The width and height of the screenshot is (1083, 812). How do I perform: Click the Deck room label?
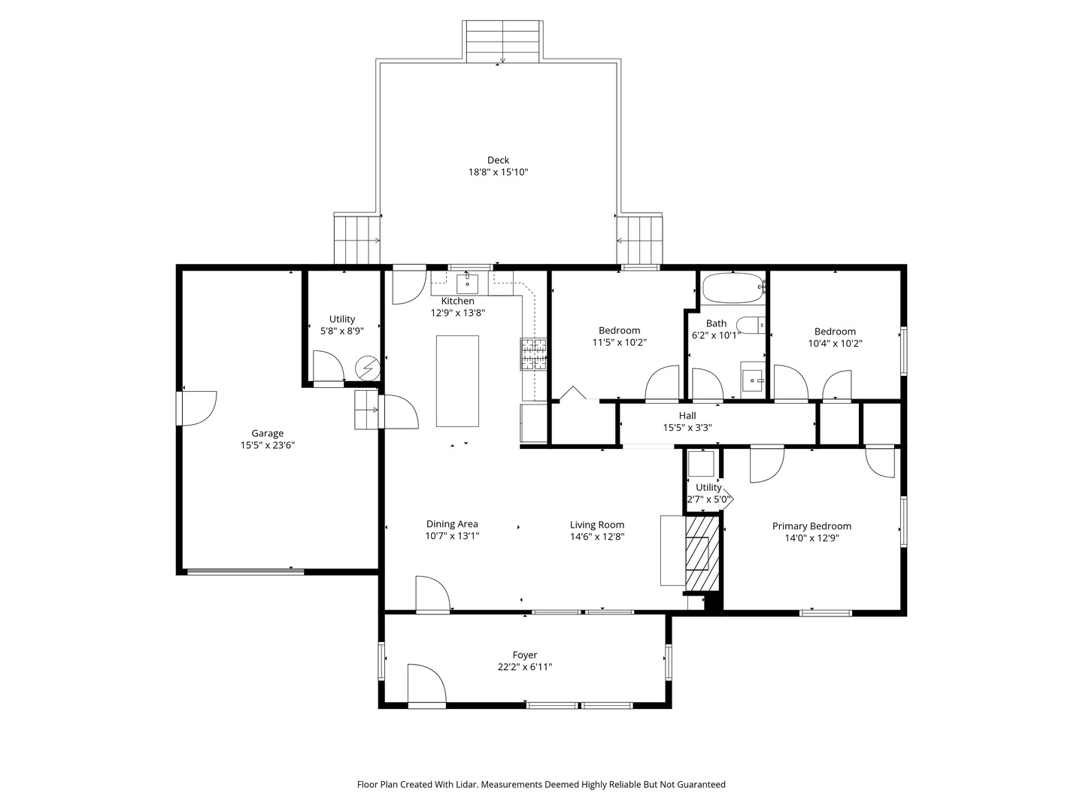498,160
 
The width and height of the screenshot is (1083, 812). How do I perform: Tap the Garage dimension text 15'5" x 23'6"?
268,445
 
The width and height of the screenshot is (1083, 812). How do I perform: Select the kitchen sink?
467,284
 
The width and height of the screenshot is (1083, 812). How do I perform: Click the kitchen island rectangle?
457,381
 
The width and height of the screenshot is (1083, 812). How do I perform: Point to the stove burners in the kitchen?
533,354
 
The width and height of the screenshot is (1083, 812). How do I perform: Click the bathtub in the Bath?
733,288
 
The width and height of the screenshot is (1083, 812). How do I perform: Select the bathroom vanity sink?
753,380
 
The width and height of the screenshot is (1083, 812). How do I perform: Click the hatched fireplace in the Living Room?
701,553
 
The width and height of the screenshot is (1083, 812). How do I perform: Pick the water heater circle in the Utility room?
368,368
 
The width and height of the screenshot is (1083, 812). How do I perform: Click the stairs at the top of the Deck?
503,41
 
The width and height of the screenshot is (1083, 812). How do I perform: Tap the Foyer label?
524,655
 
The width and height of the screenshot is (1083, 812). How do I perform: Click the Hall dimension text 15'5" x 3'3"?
687,428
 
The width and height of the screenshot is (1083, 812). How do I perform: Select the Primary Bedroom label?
811,526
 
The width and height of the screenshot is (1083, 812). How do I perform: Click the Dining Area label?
452,524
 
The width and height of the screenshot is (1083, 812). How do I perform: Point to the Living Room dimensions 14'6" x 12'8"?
597,537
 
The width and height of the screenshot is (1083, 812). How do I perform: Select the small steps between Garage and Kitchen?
366,409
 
